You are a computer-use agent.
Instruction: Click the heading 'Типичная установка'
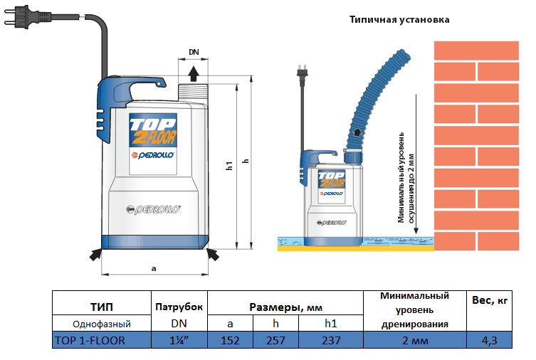click(x=399, y=20)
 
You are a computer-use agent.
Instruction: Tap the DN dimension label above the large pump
click(x=194, y=53)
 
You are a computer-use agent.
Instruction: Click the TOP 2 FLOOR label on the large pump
click(x=152, y=132)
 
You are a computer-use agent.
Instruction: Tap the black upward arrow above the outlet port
click(x=194, y=73)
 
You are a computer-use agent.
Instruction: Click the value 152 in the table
click(x=230, y=340)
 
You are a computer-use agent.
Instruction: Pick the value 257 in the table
click(x=275, y=340)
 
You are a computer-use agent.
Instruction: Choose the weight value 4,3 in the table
click(x=489, y=340)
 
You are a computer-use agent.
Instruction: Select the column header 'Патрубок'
click(x=179, y=307)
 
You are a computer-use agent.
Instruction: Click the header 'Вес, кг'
click(x=489, y=301)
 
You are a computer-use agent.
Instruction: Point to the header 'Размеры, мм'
click(x=285, y=307)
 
